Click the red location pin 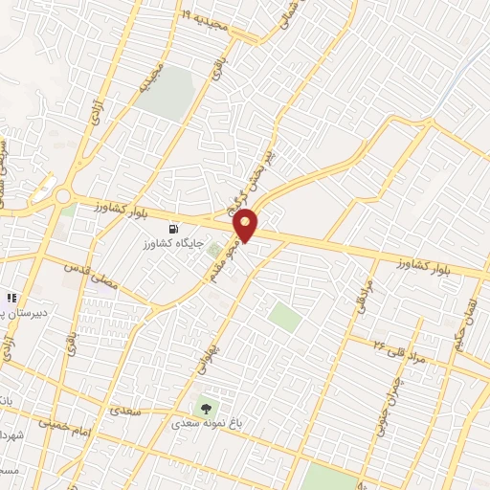pyautogui.click(x=247, y=224)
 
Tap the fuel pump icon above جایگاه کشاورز pyautogui.click(x=171, y=229)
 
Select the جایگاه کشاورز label pyautogui.click(x=170, y=244)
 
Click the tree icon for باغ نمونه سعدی pyautogui.click(x=204, y=407)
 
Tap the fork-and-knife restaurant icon pyautogui.click(x=12, y=299)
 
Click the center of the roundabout pyautogui.click(x=63, y=196)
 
